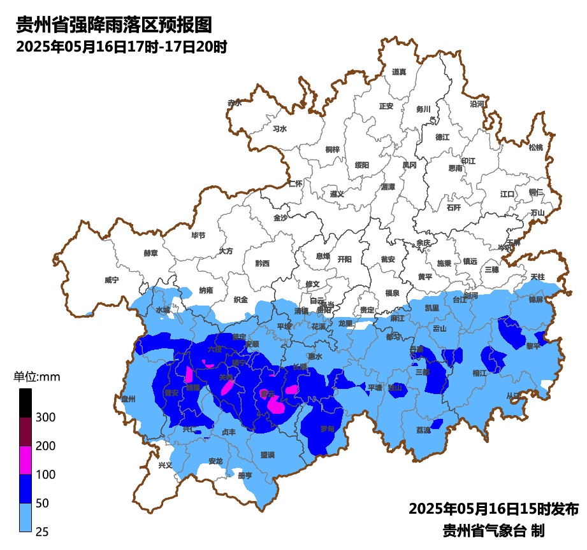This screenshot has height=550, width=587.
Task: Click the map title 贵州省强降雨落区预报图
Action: pyautogui.click(x=113, y=25)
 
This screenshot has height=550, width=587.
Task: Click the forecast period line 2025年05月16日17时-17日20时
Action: pyautogui.click(x=121, y=46)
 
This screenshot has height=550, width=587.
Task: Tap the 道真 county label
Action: pyautogui.click(x=399, y=72)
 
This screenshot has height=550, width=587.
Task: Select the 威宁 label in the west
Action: pyautogui.click(x=112, y=279)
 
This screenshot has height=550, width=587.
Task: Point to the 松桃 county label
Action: pyautogui.click(x=535, y=148)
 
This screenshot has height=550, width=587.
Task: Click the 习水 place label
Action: pyautogui.click(x=279, y=129)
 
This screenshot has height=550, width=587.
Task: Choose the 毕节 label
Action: pyautogui.click(x=198, y=235)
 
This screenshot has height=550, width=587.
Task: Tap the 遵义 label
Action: pyautogui.click(x=337, y=194)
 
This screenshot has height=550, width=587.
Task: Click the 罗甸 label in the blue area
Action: pyautogui.click(x=327, y=429)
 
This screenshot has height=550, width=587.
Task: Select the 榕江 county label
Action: pyautogui.click(x=480, y=373)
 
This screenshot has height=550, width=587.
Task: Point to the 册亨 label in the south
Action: pyautogui.click(x=245, y=475)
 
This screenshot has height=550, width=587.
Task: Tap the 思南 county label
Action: pyautogui.click(x=455, y=168)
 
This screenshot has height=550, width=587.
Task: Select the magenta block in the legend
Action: pyautogui.click(x=25, y=460)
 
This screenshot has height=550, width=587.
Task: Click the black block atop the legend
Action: pyautogui.click(x=25, y=403)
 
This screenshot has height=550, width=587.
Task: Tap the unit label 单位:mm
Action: pyautogui.click(x=37, y=377)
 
